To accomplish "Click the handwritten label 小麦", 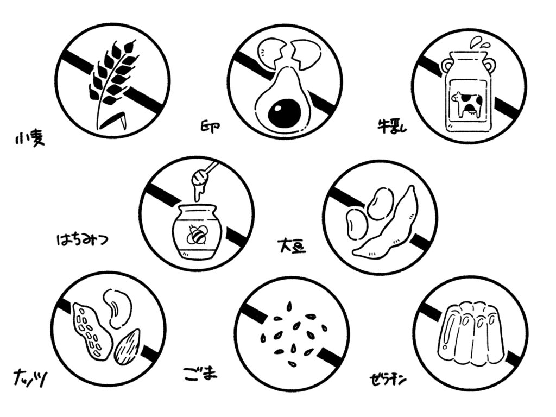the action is pyautogui.click(x=30, y=140).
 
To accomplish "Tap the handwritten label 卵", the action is pyautogui.click(x=210, y=127).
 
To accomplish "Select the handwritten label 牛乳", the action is pyautogui.click(x=392, y=125).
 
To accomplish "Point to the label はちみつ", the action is pyautogui.click(x=83, y=239).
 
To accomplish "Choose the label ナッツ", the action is pyautogui.click(x=30, y=378).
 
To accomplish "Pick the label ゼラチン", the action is pyautogui.click(x=387, y=380).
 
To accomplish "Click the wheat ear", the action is pyautogui.click(x=109, y=80).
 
